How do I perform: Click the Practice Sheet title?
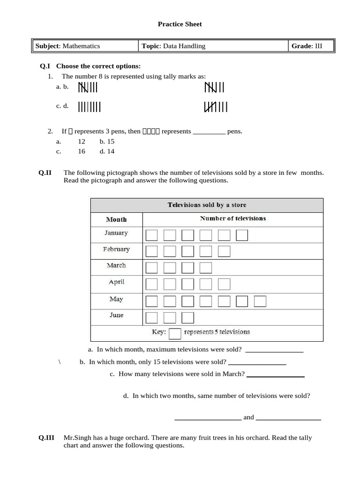tap(180, 24)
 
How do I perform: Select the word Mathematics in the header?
tap(81, 46)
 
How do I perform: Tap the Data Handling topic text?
tap(184, 46)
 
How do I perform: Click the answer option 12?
tap(82, 141)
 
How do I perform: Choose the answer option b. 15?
tap(107, 141)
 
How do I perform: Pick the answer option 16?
tap(82, 151)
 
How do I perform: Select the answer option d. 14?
tap(107, 151)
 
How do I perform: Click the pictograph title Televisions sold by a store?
tap(207, 205)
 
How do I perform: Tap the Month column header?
tap(116, 219)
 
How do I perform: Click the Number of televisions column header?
tap(232, 218)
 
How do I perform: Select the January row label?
tap(116, 233)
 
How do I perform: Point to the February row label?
tap(116, 249)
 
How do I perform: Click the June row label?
tap(116, 315)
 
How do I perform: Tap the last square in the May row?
tap(260, 301)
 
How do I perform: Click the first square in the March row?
tap(152, 268)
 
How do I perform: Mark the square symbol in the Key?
tap(175, 333)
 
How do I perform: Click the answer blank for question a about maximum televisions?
tap(274, 350)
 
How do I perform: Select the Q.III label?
tap(47, 438)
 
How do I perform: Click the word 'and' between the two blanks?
tap(248, 417)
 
